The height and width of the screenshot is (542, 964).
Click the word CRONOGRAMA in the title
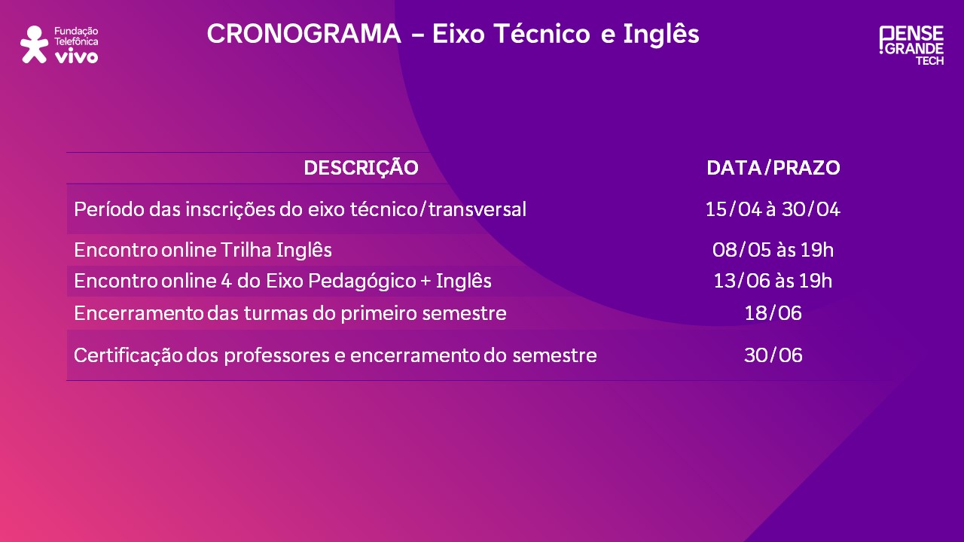click(304, 34)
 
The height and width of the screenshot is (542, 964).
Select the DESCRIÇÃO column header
click(361, 168)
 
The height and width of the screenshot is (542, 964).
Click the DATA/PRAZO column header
click(773, 168)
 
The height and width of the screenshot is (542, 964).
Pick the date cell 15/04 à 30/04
click(773, 209)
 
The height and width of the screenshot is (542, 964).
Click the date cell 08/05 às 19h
click(773, 250)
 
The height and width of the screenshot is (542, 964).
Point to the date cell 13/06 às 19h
click(773, 282)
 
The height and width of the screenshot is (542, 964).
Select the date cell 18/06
click(773, 313)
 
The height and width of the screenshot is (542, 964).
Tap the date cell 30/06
click(773, 355)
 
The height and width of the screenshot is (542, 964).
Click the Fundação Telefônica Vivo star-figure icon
click(34, 44)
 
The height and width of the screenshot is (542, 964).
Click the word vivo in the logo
click(76, 56)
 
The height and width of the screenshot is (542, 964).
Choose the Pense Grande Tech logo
click(911, 44)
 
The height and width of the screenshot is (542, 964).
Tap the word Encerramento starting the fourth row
click(139, 313)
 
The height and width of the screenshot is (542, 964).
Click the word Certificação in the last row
click(128, 355)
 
